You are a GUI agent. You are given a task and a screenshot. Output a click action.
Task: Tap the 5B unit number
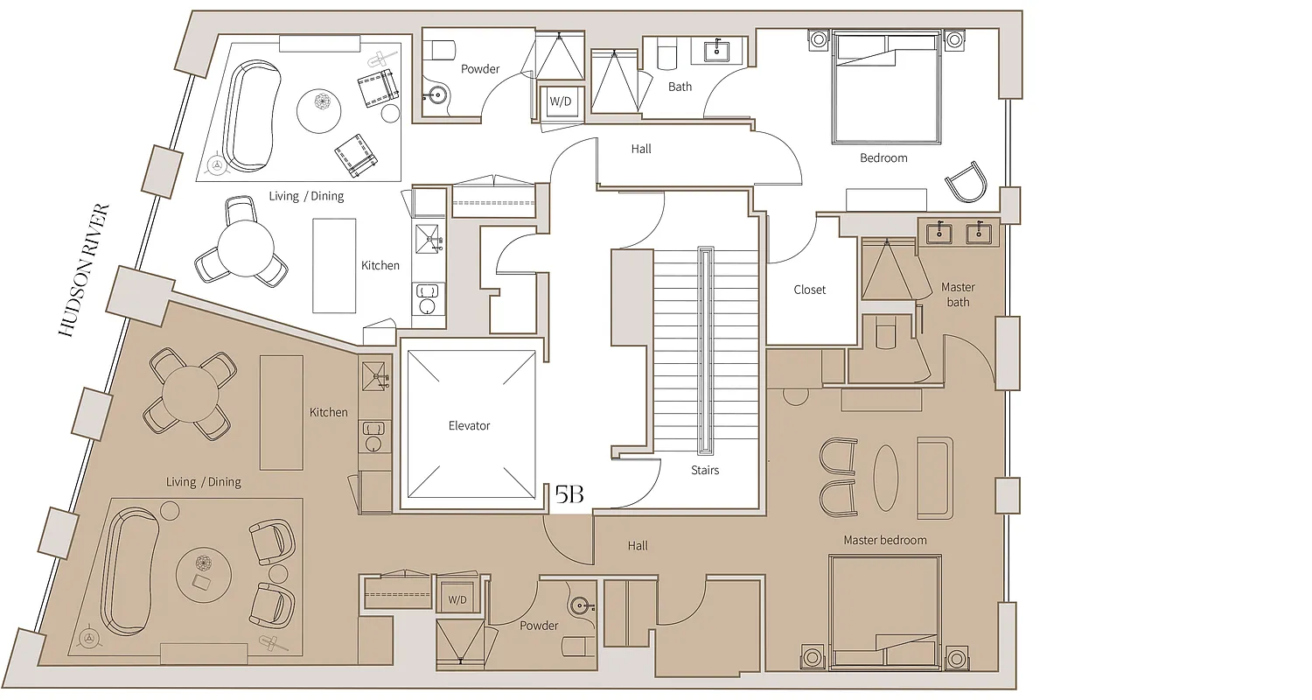point(569,495)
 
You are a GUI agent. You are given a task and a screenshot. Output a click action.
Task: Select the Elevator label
point(469,426)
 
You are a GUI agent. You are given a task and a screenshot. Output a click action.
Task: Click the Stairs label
point(705,470)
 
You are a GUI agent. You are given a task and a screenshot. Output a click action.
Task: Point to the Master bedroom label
point(884,540)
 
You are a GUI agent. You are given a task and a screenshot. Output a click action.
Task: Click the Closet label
point(809,290)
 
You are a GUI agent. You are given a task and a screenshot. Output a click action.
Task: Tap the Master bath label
point(958,295)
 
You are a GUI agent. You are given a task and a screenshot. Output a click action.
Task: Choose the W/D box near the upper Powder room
point(560,101)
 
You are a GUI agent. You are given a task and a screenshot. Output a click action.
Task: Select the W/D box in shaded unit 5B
point(457,600)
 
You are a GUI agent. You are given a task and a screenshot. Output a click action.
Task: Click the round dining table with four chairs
point(190,393)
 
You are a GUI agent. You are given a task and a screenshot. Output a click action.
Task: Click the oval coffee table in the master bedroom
point(885,478)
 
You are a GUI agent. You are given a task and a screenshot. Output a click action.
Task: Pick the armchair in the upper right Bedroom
point(967,183)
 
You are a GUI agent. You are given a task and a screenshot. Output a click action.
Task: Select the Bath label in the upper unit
point(680,87)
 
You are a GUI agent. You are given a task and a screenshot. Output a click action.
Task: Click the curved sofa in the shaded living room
point(129,570)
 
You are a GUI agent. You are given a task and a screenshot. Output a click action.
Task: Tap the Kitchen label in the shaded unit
point(328,412)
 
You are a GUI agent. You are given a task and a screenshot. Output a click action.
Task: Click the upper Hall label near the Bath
point(641,149)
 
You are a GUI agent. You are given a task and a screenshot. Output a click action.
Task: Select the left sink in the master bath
point(940,233)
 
